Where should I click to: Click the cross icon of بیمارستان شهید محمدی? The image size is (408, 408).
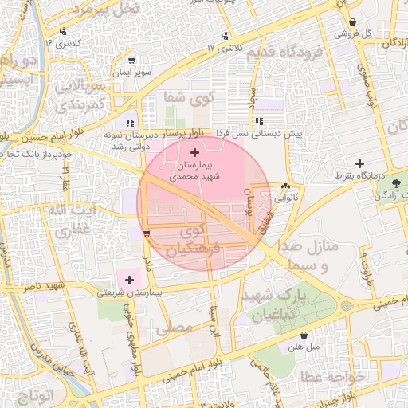[x=195, y=151]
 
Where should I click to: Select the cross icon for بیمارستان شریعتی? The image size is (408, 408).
[x=129, y=280]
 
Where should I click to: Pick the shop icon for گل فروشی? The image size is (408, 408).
[x=352, y=22]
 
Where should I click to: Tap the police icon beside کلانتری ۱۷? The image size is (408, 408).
[x=226, y=36]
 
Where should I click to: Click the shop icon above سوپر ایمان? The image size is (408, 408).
[x=132, y=59]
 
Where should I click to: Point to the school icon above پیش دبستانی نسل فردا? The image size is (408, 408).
[x=259, y=121]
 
